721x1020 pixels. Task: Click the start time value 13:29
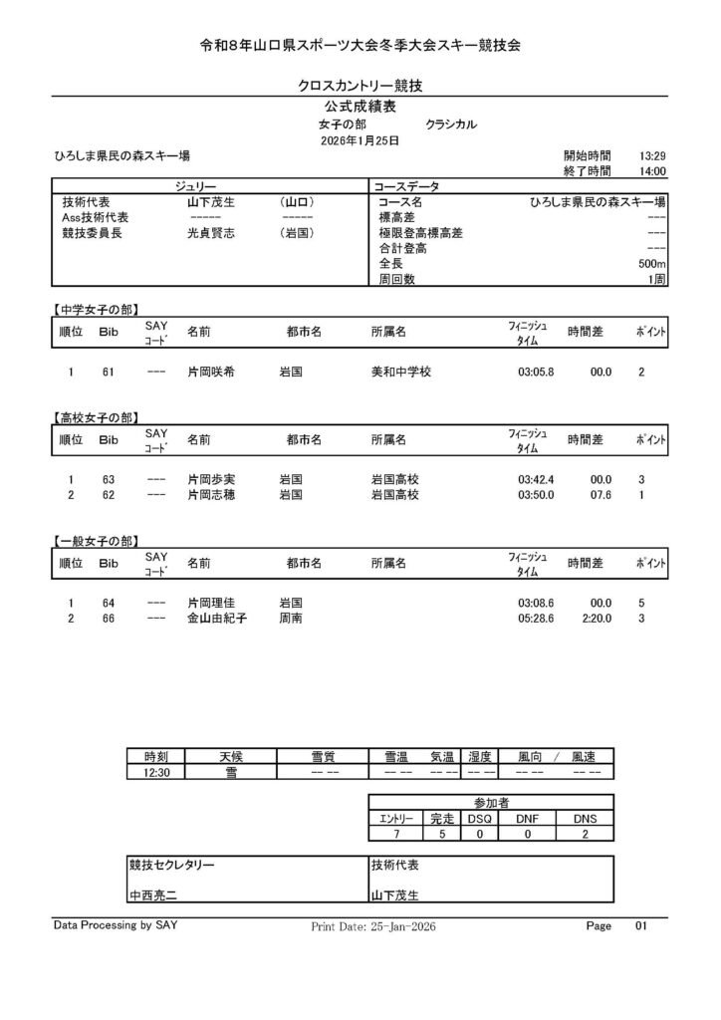pos(652,156)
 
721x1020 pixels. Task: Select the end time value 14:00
pos(652,171)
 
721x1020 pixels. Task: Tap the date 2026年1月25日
pos(360,141)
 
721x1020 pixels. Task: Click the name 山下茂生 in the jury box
pos(211,201)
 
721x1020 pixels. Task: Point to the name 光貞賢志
pos(211,233)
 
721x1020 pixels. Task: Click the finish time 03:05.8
pos(536,373)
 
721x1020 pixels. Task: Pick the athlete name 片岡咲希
pos(211,373)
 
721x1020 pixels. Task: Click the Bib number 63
pos(109,479)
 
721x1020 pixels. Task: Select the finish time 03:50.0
pos(536,494)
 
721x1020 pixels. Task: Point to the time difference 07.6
pos(600,494)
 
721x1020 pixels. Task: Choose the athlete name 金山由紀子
pos(217,619)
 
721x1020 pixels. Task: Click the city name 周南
pos(291,619)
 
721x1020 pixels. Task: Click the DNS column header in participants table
pos(586,818)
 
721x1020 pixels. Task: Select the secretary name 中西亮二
pos(153,895)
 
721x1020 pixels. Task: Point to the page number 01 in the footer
pos(640,926)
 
